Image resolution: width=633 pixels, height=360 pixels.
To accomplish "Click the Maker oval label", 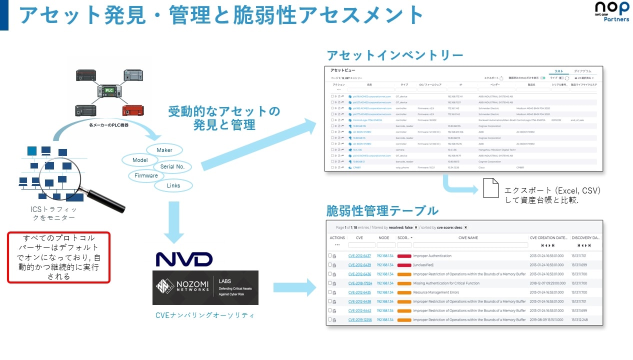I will (164, 150).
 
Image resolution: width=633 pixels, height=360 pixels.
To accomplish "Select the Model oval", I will (140, 160).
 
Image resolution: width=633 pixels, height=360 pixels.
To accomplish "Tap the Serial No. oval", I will (172, 166).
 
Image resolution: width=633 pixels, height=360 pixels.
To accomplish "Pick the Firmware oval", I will (146, 175).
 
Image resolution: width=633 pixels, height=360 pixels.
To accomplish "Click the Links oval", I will (173, 185).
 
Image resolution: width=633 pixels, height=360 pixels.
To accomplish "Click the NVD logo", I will (184, 259).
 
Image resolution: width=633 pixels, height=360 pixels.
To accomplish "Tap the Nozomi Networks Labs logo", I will (205, 287).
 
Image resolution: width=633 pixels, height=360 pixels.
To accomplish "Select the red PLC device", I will (132, 109).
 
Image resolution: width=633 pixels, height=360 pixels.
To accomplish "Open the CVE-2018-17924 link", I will (359, 283).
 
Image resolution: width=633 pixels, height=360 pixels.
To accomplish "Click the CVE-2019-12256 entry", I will (359, 319).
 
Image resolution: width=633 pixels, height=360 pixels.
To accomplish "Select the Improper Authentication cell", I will (432, 256).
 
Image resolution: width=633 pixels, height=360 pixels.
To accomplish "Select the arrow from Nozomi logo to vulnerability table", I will (295, 287).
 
